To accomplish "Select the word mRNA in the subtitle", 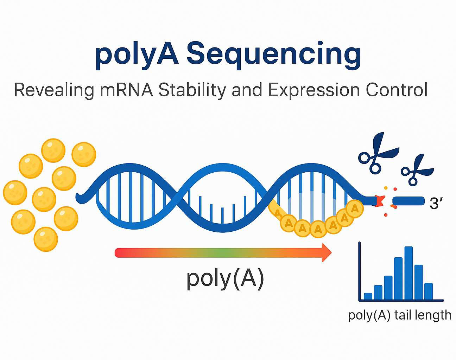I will [x=126, y=90].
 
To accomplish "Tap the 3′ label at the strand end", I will [x=436, y=203].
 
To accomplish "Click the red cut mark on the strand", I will [x=380, y=201].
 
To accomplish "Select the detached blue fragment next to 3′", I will [x=408, y=201].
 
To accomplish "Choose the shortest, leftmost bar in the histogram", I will [x=368, y=296].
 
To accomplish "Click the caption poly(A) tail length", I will [x=400, y=315].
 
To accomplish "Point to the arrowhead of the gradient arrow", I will [x=327, y=252].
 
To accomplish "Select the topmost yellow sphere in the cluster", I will [x=53, y=150].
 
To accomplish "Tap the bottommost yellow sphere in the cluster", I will [x=46, y=239].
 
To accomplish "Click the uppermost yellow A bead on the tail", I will [x=355, y=209].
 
